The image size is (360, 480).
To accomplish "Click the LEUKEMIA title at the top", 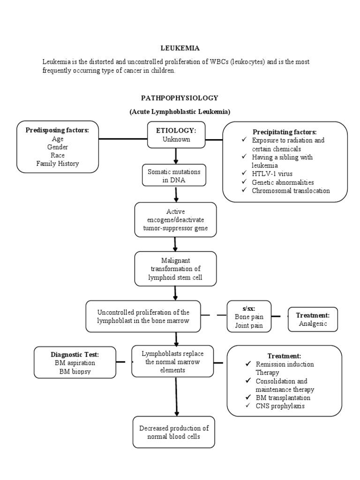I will [x=180, y=48].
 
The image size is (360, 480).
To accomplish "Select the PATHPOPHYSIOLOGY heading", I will [x=180, y=98].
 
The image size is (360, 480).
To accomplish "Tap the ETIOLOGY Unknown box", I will [x=176, y=135].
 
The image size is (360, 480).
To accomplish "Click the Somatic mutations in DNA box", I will [x=173, y=176].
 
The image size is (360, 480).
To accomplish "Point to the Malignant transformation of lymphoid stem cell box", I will [x=175, y=269].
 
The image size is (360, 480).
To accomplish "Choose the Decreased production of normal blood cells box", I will [x=174, y=432].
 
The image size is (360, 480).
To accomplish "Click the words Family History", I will [x=58, y=164].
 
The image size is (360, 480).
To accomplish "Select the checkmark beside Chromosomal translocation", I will [x=244, y=191].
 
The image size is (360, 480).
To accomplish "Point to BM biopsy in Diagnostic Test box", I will [x=75, y=371].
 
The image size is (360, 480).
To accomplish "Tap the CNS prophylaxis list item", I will [x=280, y=406].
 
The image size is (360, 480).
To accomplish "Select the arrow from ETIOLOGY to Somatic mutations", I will [x=176, y=156].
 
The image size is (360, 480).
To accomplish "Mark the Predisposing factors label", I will [x=57, y=130].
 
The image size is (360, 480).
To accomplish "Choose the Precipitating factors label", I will [x=285, y=132].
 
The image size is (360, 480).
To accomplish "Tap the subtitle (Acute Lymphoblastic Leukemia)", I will [x=180, y=112].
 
